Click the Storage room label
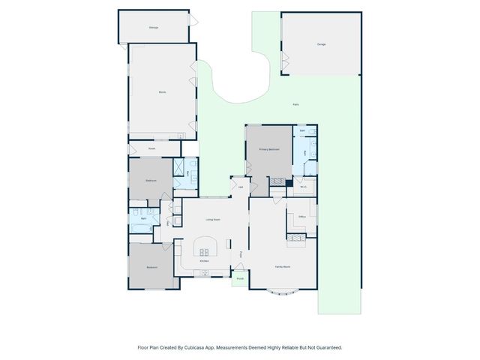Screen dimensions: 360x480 click(x=153, y=28)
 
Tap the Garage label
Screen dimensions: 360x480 click(x=321, y=44)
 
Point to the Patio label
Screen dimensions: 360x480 click(x=295, y=105)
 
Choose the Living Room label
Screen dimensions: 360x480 click(x=213, y=219)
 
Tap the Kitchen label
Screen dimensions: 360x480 click(x=204, y=260)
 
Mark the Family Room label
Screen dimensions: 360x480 click(x=283, y=267)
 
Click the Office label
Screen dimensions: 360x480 click(x=303, y=217)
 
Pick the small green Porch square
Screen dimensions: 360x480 click(x=240, y=279)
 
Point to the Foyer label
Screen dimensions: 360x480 click(x=240, y=255)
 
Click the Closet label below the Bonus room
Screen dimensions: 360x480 click(x=151, y=148)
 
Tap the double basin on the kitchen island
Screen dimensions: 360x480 click(x=204, y=251)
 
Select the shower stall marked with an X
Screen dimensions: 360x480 click(x=179, y=166)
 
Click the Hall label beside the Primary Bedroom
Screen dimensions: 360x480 click(x=241, y=187)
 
